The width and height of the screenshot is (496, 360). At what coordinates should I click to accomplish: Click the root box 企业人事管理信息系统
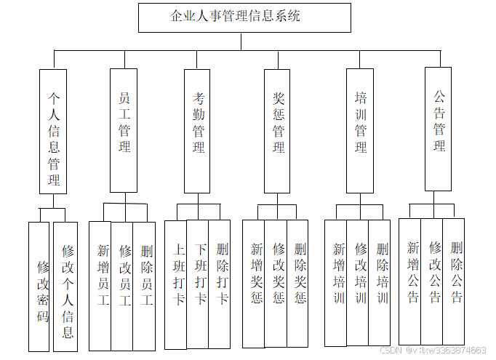pos(244,17)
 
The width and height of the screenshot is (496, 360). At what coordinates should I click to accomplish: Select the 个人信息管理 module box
pos(53,131)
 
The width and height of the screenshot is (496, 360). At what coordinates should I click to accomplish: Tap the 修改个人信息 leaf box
pos(65,287)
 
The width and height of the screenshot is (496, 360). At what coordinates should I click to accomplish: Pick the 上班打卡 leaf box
pos(176,284)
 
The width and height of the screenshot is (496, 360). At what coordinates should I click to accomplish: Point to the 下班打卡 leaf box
pos(198,284)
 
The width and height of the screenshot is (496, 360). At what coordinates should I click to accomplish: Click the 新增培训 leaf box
pos(336,283)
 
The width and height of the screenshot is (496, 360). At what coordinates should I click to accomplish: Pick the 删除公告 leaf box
pos(454,281)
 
